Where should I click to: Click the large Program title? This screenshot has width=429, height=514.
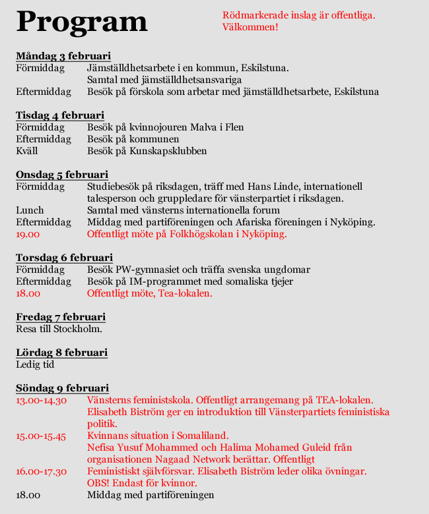(x=81, y=21)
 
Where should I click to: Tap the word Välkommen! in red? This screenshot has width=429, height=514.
(x=250, y=27)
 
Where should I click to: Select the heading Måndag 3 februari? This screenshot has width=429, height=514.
(x=63, y=55)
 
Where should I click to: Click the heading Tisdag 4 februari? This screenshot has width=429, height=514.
(x=60, y=115)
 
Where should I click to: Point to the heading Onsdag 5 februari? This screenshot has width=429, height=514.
(x=62, y=175)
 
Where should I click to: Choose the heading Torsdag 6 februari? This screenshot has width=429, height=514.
(x=64, y=258)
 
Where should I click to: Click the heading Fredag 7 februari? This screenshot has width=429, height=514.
(x=61, y=317)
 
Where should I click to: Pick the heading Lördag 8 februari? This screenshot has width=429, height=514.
(x=61, y=353)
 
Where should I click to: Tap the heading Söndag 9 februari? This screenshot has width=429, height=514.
(x=62, y=388)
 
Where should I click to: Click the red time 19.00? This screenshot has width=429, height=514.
(x=28, y=234)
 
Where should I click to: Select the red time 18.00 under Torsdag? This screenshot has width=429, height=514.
(x=28, y=293)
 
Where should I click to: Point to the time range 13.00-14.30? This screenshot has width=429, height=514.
(x=41, y=400)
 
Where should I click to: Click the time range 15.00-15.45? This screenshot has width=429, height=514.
(x=41, y=436)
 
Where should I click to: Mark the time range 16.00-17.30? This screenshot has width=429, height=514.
(x=41, y=471)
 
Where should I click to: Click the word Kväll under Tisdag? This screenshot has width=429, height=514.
(x=26, y=151)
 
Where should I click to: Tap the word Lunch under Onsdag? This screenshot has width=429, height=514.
(x=30, y=210)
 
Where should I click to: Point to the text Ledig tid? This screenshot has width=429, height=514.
(x=35, y=364)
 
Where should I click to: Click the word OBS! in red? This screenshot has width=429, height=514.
(x=99, y=483)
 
